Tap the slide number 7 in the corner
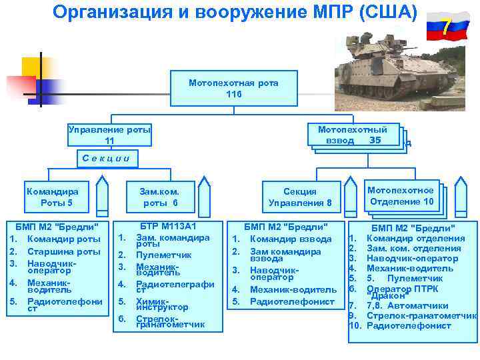[x=446, y=27]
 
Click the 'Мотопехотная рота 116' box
[x=233, y=89]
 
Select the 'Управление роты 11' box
[x=110, y=135]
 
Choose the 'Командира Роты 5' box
[x=56, y=197]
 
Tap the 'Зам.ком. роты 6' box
[x=160, y=197]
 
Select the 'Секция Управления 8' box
[x=300, y=197]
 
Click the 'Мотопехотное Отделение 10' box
[x=401, y=196]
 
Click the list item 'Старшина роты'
[x=64, y=251]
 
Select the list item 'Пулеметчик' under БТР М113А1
[x=163, y=255]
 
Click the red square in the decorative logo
[x=21, y=86]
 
